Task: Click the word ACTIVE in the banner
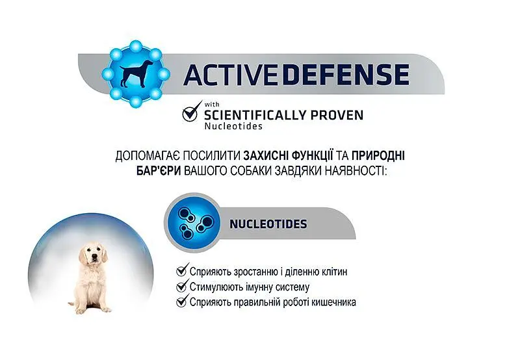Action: pyautogui.click(x=230, y=74)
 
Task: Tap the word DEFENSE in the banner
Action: pyautogui.click(x=345, y=74)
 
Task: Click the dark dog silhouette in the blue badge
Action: pyautogui.click(x=136, y=73)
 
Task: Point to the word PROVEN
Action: pyautogui.click(x=337, y=115)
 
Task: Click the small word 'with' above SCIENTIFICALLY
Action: pyautogui.click(x=212, y=105)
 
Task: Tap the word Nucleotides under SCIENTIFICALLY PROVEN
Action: pyautogui.click(x=233, y=126)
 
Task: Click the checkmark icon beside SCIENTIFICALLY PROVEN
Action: pyautogui.click(x=192, y=112)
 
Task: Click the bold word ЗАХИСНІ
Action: pyautogui.click(x=266, y=156)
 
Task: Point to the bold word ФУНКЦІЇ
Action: pyautogui.click(x=313, y=155)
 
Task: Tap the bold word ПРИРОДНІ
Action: pyautogui.click(x=378, y=156)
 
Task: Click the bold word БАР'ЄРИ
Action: pyautogui.click(x=159, y=171)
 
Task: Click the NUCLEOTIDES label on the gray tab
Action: pyautogui.click(x=268, y=224)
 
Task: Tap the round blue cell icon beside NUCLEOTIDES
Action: pyautogui.click(x=193, y=222)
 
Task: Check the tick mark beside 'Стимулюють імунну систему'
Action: pyautogui.click(x=182, y=286)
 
